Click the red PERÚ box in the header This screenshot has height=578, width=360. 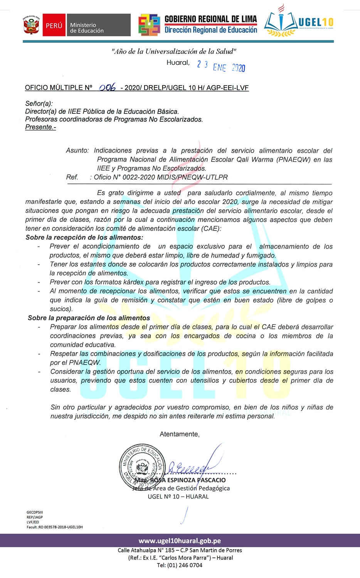[x=54, y=25]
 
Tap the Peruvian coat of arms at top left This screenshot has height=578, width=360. [x=31, y=25]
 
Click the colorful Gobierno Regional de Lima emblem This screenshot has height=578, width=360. [x=149, y=25]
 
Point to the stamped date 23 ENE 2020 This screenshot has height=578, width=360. [x=221, y=66]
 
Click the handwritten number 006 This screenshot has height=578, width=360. [x=107, y=87]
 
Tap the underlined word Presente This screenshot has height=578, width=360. [x=40, y=127]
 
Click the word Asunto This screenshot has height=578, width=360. [x=77, y=151]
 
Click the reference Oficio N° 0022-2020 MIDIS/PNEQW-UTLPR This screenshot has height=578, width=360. [x=161, y=177]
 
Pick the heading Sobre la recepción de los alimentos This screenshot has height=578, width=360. [x=84, y=237]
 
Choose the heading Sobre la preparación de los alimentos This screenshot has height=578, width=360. [x=89, y=318]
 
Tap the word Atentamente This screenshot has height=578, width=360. [x=179, y=434]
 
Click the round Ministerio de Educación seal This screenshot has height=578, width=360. [x=143, y=467]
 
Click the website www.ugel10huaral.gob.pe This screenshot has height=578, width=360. [x=180, y=541]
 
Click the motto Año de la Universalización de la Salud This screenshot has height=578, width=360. [x=174, y=51]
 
